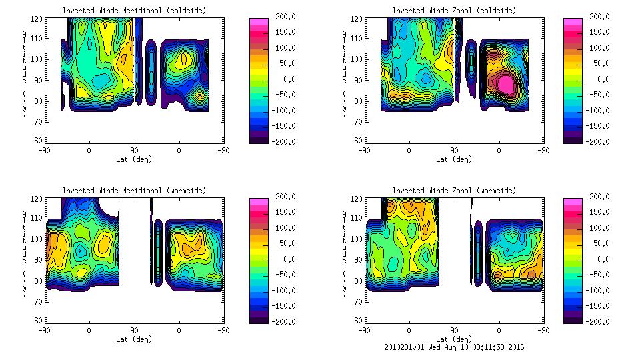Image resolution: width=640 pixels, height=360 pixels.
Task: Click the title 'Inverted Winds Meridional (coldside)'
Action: pyautogui.click(x=134, y=11)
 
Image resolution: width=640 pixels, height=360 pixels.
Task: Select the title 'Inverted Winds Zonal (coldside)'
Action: pyautogui.click(x=454, y=11)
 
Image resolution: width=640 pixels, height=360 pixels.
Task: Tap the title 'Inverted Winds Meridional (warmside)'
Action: pyautogui.click(x=134, y=191)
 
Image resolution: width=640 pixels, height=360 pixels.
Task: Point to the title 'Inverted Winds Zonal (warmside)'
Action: pyautogui.click(x=454, y=191)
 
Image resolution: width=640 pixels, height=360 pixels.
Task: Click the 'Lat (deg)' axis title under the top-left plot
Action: pyautogui.click(x=134, y=159)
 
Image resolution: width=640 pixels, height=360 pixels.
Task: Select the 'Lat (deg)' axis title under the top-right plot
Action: pyautogui.click(x=454, y=159)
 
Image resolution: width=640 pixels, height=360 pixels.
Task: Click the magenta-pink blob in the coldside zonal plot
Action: pyautogui.click(x=506, y=83)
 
